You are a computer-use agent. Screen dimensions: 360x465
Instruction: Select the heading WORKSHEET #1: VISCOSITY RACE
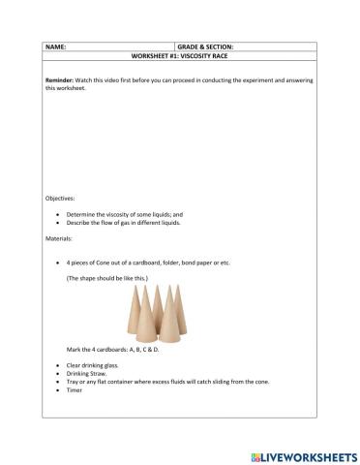tap(180, 55)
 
